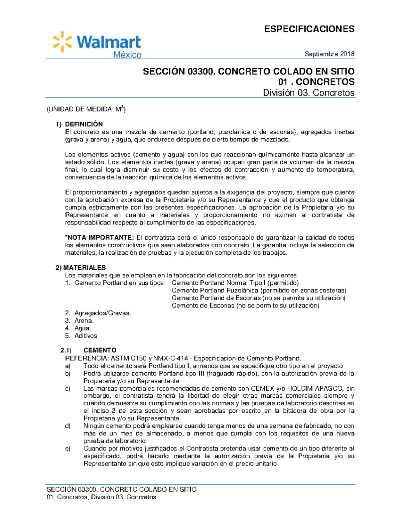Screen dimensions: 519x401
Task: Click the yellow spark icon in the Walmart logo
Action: point(62,42)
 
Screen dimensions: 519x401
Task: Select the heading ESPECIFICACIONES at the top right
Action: point(309,29)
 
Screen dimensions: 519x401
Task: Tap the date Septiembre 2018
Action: point(329,54)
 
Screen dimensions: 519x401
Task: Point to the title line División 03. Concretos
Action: point(308,93)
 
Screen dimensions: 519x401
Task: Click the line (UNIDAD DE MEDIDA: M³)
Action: point(86,109)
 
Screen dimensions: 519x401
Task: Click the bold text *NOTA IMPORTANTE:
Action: point(100,238)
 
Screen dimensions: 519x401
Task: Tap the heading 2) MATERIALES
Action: point(81,268)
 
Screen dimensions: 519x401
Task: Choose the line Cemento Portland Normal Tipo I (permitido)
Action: point(235,283)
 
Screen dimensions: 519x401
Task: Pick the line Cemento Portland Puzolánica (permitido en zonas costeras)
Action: point(259,290)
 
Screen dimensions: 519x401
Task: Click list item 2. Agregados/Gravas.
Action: point(98,313)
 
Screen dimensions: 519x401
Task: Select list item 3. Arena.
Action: point(80,321)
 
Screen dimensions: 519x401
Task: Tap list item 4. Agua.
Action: point(78,328)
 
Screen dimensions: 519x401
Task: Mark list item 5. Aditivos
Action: point(81,336)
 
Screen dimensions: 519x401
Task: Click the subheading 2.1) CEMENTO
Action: point(89,350)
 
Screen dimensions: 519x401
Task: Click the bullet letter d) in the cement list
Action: point(68,426)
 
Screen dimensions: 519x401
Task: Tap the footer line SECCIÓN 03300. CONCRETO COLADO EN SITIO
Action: point(121,490)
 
